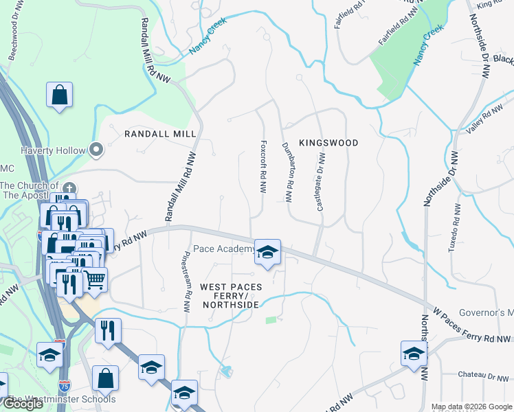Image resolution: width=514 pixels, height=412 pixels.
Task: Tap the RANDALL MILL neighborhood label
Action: (160, 133)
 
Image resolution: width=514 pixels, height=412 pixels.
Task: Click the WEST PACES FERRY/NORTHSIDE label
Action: (230, 295)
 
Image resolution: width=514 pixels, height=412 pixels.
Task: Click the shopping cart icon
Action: (95, 279)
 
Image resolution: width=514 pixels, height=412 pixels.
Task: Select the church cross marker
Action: (69, 188)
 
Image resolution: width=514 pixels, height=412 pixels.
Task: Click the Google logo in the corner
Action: (23, 404)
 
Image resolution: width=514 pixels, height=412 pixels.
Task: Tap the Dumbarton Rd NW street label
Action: (288, 171)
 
